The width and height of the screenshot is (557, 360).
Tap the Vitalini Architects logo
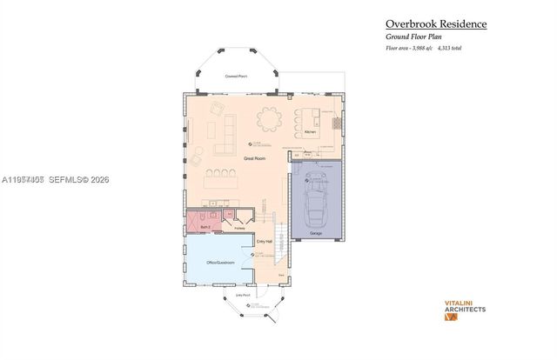[459, 309]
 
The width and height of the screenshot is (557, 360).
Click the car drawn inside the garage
[315, 199]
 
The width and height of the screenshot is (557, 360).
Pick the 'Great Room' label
[254, 159]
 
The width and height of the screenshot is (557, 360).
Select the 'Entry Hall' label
[265, 241]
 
